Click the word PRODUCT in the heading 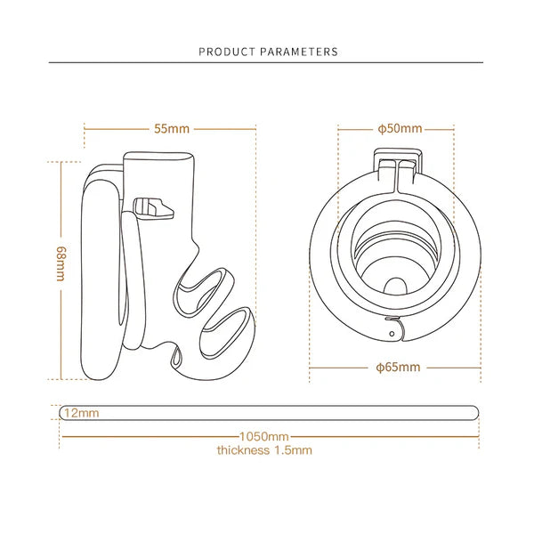tap(227, 52)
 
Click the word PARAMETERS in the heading tap(299, 52)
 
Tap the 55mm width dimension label tap(172, 129)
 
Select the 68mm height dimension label tap(61, 263)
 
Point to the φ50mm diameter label tap(400, 129)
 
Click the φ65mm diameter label tap(398, 367)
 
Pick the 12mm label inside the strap tap(81, 413)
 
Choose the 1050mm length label tap(264, 436)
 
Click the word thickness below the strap tap(243, 450)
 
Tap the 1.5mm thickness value tap(293, 450)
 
